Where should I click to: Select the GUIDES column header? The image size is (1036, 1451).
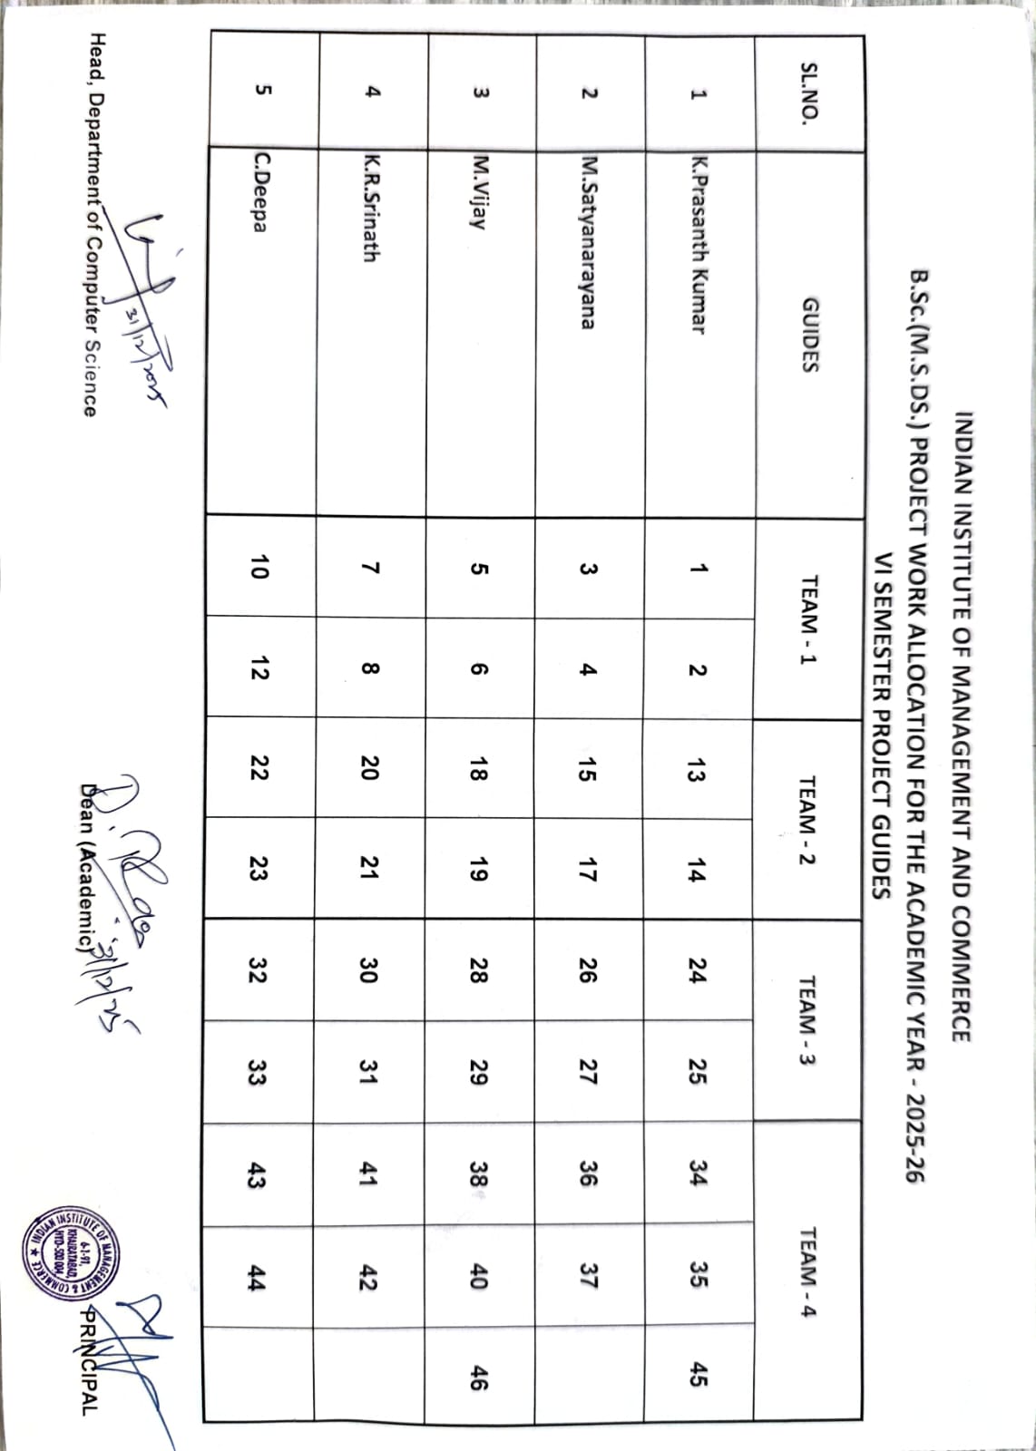(x=808, y=335)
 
